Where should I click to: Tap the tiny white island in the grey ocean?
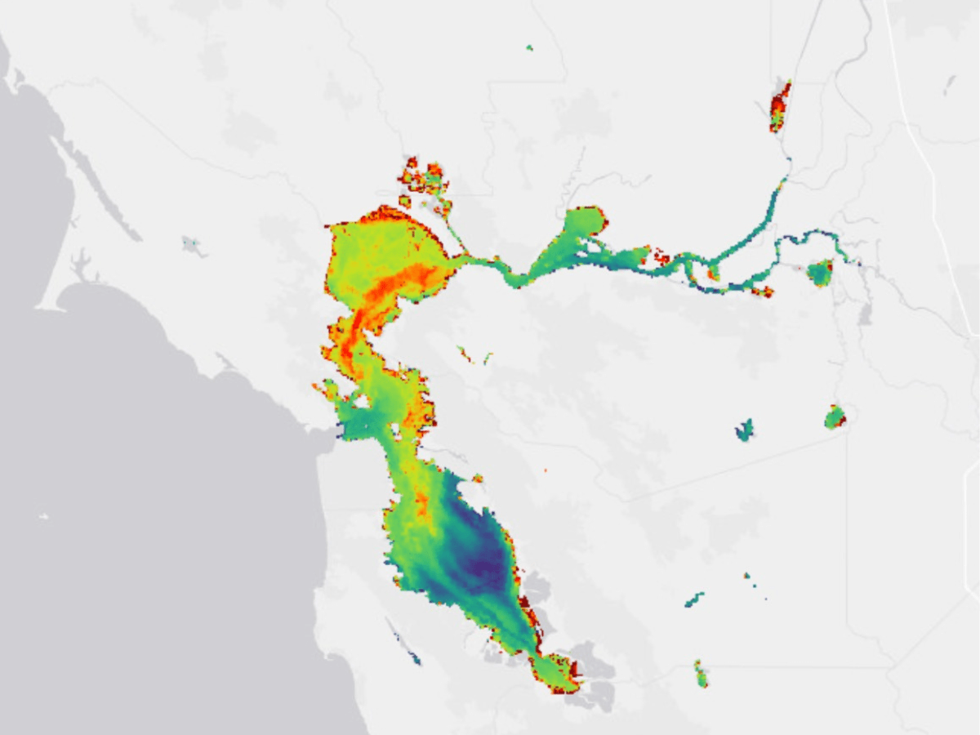(x=43, y=516)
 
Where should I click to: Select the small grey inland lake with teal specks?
(x=194, y=245)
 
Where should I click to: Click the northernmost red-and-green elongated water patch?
(x=781, y=106)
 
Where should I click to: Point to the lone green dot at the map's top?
(x=529, y=47)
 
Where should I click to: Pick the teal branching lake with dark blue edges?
(x=744, y=430)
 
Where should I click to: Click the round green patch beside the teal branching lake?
(x=834, y=417)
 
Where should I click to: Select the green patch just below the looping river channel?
(x=819, y=273)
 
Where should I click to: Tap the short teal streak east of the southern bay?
(x=694, y=599)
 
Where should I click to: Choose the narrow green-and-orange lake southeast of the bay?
(x=701, y=675)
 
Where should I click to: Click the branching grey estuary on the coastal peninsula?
(x=82, y=265)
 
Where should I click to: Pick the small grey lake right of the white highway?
(x=949, y=83)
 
